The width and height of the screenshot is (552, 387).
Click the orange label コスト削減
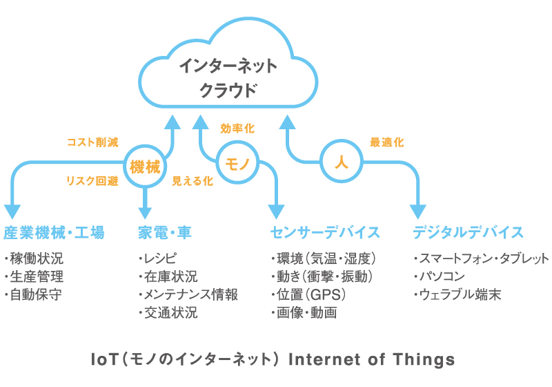point(92,142)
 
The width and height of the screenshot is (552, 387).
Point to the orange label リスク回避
point(92,181)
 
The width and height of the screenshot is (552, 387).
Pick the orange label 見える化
point(193,181)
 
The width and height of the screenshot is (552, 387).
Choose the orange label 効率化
point(237,129)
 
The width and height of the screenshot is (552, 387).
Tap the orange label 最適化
point(386,142)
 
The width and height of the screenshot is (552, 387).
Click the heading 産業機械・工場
point(54,233)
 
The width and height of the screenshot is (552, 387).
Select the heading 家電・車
point(165,233)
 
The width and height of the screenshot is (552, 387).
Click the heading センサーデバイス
point(324,233)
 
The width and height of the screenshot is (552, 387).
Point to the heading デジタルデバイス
point(468,233)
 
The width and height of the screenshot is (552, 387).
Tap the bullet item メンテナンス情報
point(188,294)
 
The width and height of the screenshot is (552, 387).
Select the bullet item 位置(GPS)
point(308,294)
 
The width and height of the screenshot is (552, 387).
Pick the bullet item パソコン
point(440,276)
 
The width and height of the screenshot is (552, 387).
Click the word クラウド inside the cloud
point(228,91)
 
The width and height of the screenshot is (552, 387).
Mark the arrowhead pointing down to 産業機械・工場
point(12,211)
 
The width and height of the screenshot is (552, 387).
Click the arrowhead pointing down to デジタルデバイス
point(418,211)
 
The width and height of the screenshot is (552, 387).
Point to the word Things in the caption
point(424,360)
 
